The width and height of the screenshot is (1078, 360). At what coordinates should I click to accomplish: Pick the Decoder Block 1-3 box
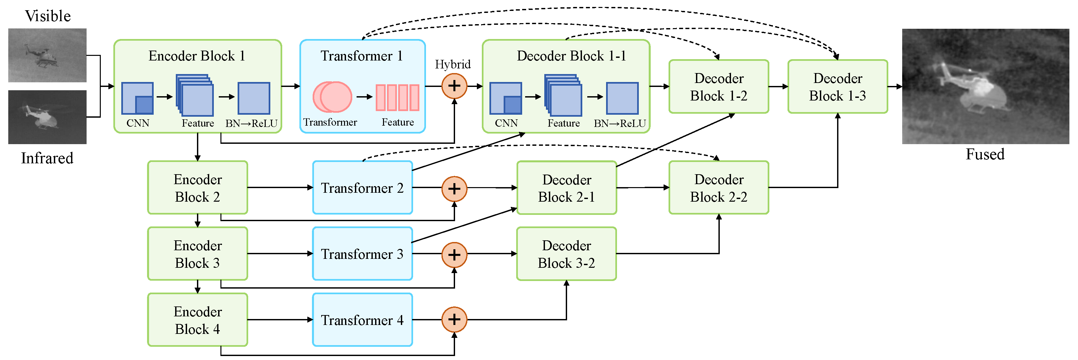(837, 87)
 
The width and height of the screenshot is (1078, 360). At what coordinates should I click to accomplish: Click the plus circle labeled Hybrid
(454, 86)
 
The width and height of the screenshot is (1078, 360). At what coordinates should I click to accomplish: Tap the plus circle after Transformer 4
(454, 319)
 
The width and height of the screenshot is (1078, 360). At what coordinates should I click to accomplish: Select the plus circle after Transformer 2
(454, 188)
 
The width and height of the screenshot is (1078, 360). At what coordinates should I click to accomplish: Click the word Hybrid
(452, 64)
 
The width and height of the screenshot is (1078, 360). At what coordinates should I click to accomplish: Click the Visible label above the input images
(48, 16)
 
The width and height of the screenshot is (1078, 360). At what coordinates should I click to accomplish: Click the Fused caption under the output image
(985, 154)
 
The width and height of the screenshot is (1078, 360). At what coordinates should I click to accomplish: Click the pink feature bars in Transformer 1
(397, 98)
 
